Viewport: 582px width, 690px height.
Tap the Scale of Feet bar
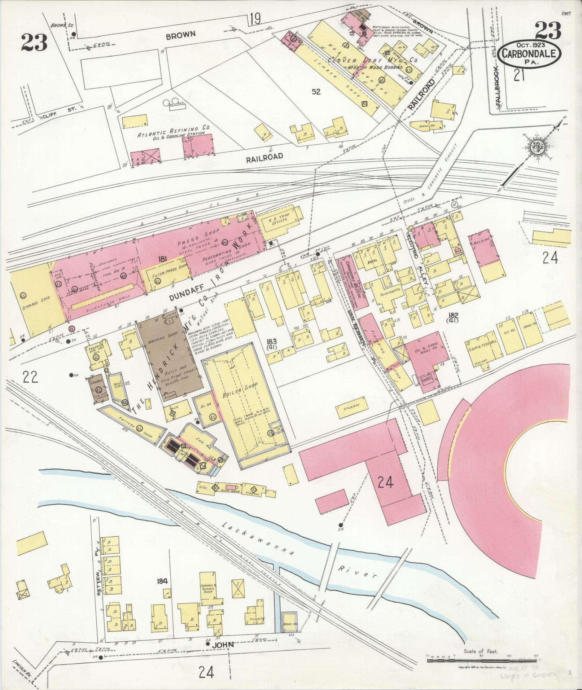point(478,660)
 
